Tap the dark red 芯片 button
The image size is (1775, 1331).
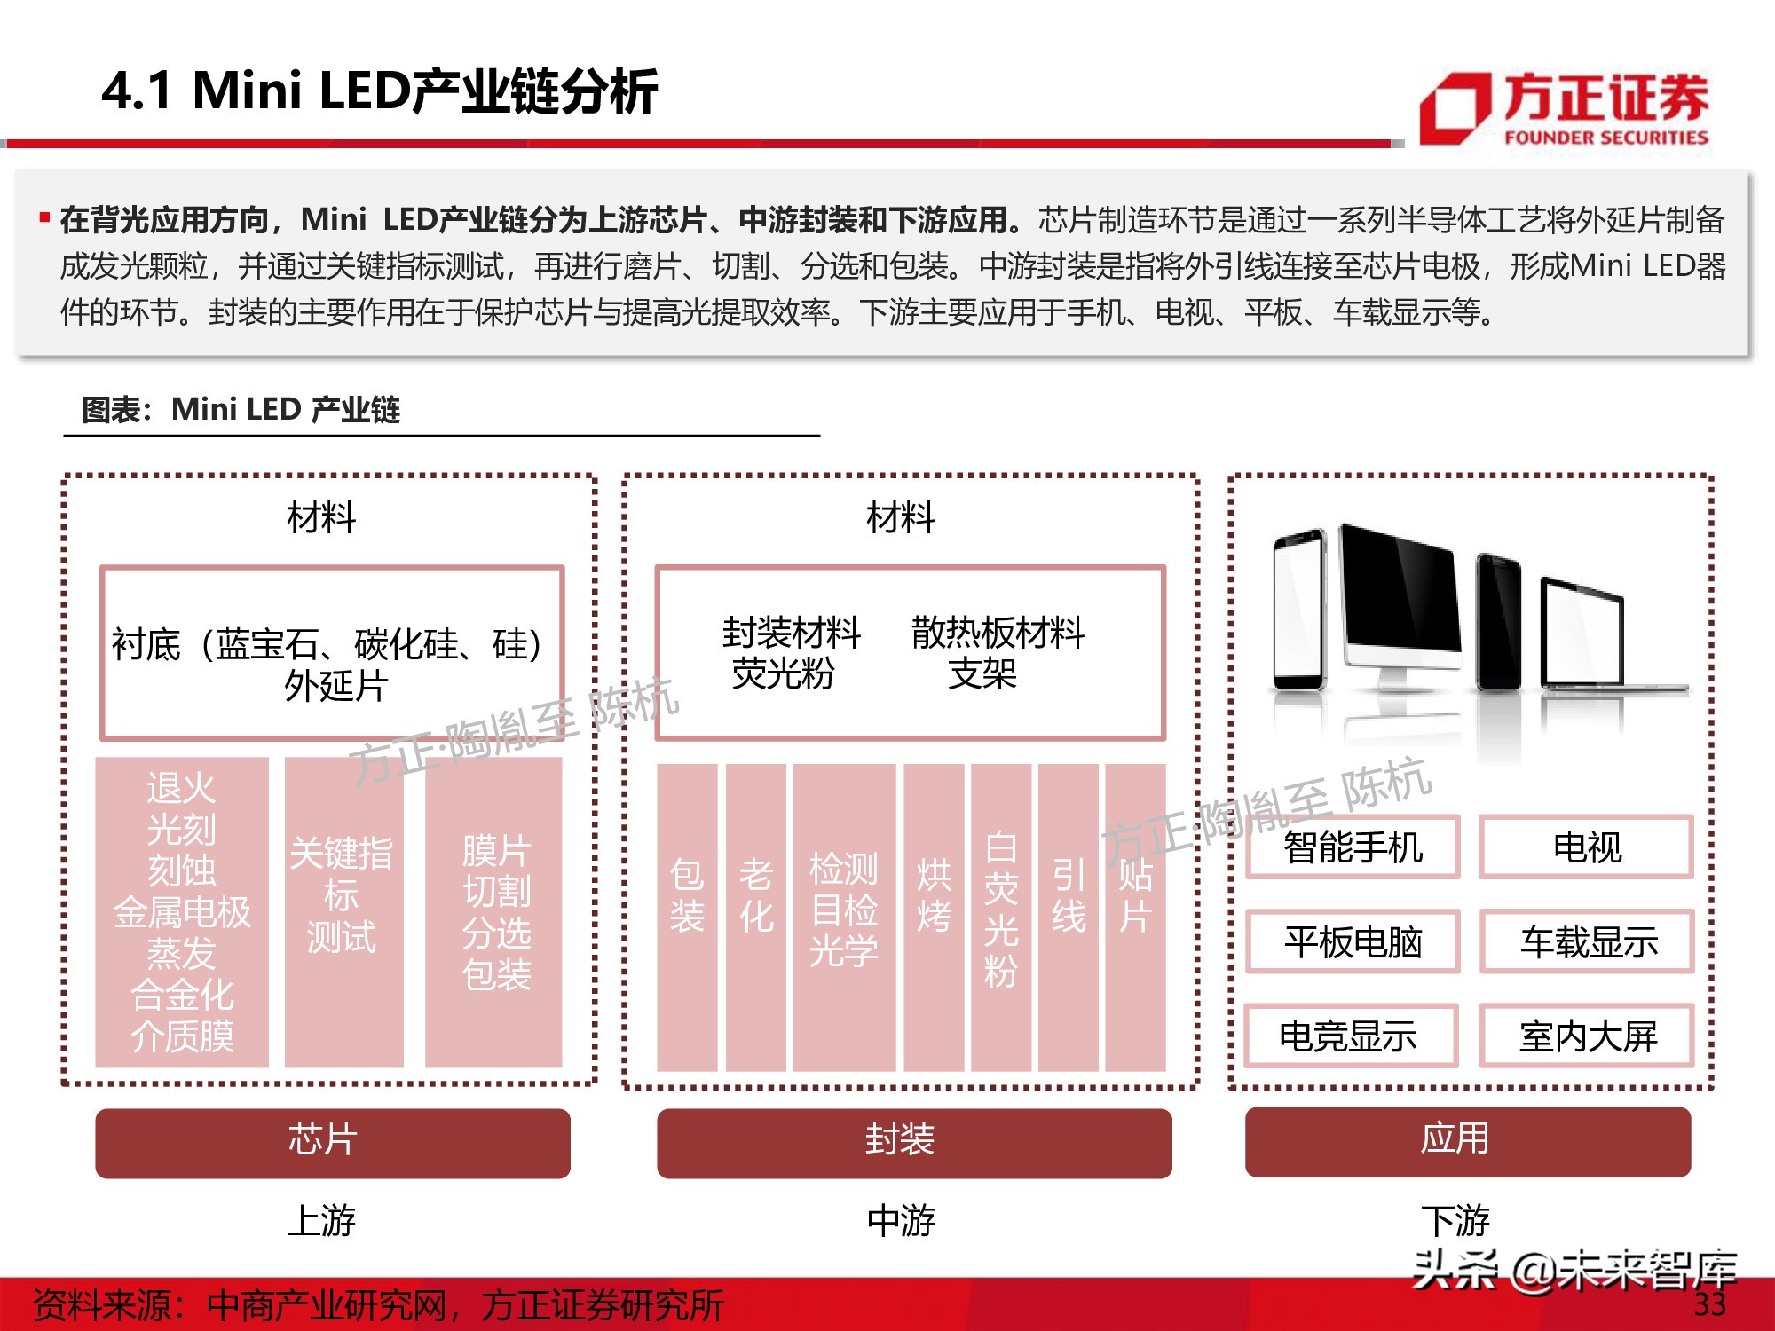pyautogui.click(x=332, y=1142)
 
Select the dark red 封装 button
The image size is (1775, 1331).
pyautogui.click(x=913, y=1142)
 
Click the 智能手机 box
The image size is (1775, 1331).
pyautogui.click(x=1353, y=847)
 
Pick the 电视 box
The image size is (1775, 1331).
pyautogui.click(x=1586, y=847)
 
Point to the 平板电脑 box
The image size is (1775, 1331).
pyautogui.click(x=1353, y=941)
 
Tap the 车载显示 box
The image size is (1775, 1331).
pyautogui.click(x=1586, y=941)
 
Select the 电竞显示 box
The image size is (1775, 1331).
pyautogui.click(x=1351, y=1036)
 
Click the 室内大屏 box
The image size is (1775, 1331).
pyautogui.click(x=1586, y=1036)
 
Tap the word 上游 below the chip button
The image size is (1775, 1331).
pyautogui.click(x=320, y=1220)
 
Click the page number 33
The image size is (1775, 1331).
pyautogui.click(x=1709, y=1304)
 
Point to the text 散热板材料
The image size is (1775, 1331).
pyautogui.click(x=998, y=633)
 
